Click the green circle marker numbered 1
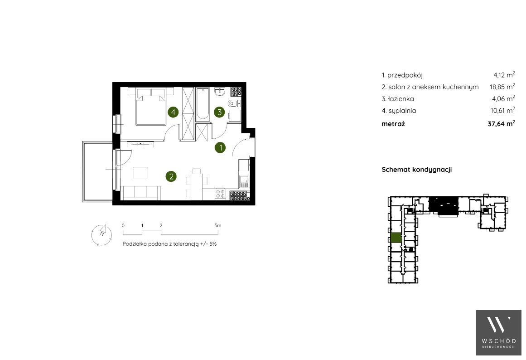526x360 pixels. [220, 147]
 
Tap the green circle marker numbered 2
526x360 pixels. [171, 176]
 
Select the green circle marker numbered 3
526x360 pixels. [219, 112]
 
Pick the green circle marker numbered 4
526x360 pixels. [173, 112]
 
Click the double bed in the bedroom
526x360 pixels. [150, 107]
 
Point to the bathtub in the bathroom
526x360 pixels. [203, 104]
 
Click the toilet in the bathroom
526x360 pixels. [232, 103]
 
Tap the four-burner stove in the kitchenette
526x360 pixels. [220, 194]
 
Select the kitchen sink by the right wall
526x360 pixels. [244, 181]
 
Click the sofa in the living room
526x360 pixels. [140, 193]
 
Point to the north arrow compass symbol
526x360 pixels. [101, 234]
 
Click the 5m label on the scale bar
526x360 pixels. [218, 225]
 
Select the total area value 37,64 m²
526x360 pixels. [501, 124]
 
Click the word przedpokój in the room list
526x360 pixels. [405, 76]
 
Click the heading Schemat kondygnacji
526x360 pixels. [417, 170]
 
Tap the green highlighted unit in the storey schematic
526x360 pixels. [396, 238]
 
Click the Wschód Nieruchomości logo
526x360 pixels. [499, 332]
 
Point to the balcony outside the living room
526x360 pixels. [97, 171]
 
